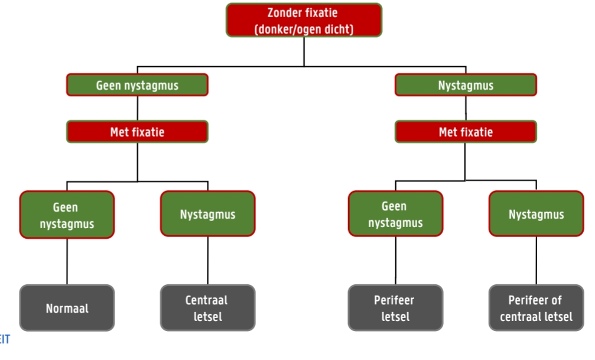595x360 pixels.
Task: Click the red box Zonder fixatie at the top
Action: tap(304, 20)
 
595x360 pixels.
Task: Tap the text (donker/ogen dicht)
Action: tap(304, 29)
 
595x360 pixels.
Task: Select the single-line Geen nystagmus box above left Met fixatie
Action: tap(137, 85)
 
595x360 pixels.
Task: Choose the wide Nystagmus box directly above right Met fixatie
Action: tap(466, 85)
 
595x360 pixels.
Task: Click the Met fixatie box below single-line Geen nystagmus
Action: tap(137, 132)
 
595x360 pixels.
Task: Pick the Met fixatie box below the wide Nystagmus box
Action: tap(466, 132)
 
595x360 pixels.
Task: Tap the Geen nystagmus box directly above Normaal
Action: tap(67, 215)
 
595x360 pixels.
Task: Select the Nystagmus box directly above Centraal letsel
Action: tap(207, 214)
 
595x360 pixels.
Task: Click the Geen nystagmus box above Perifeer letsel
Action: tap(395, 214)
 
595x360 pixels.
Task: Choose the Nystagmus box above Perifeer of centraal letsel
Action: tap(536, 214)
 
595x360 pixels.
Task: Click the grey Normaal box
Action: tap(67, 308)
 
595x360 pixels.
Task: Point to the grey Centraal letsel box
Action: tap(207, 308)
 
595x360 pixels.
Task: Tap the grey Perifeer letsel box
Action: tap(395, 308)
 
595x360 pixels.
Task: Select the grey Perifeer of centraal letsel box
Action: tap(536, 308)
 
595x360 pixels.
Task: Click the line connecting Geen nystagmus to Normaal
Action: tap(67, 261)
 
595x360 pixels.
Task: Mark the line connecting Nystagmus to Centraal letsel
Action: tap(207, 261)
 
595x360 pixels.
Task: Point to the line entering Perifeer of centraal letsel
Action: tap(536, 261)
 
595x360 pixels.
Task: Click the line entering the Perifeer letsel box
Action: tap(395, 261)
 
